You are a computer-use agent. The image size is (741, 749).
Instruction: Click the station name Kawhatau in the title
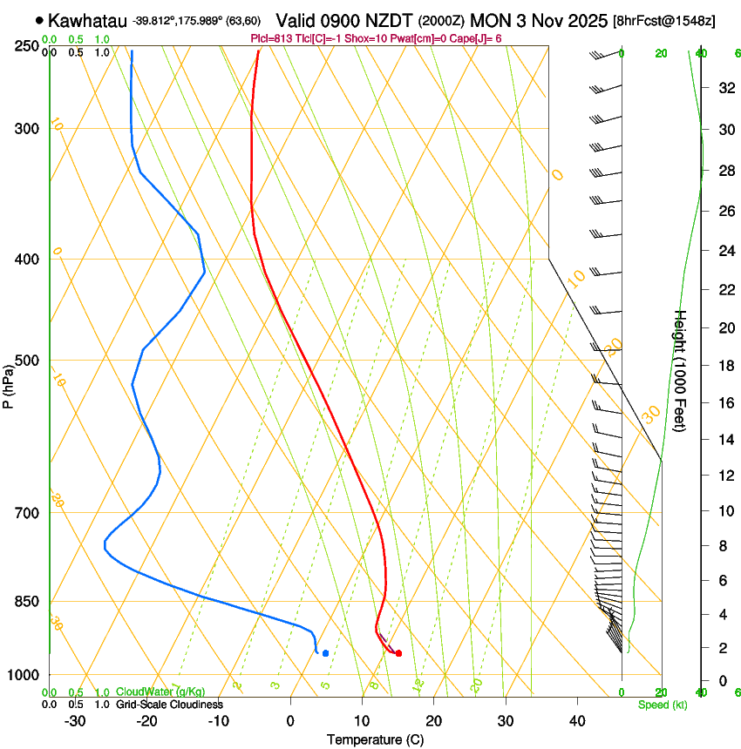(87, 20)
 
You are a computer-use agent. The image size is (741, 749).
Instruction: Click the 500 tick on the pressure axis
(28, 361)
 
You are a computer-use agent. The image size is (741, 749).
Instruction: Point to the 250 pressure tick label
(28, 45)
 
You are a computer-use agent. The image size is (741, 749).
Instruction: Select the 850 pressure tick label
(28, 602)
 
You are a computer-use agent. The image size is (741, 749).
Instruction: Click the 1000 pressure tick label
(24, 675)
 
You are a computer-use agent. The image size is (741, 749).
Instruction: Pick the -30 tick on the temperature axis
(75, 720)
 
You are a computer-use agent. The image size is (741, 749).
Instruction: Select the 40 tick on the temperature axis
(577, 720)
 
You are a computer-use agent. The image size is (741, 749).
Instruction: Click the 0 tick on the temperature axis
(290, 720)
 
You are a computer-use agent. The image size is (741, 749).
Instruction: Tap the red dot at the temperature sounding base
(398, 652)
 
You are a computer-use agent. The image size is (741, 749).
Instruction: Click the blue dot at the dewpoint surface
(325, 652)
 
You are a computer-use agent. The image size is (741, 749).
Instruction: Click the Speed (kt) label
(663, 705)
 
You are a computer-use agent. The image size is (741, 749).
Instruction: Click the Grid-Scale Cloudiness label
(169, 704)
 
